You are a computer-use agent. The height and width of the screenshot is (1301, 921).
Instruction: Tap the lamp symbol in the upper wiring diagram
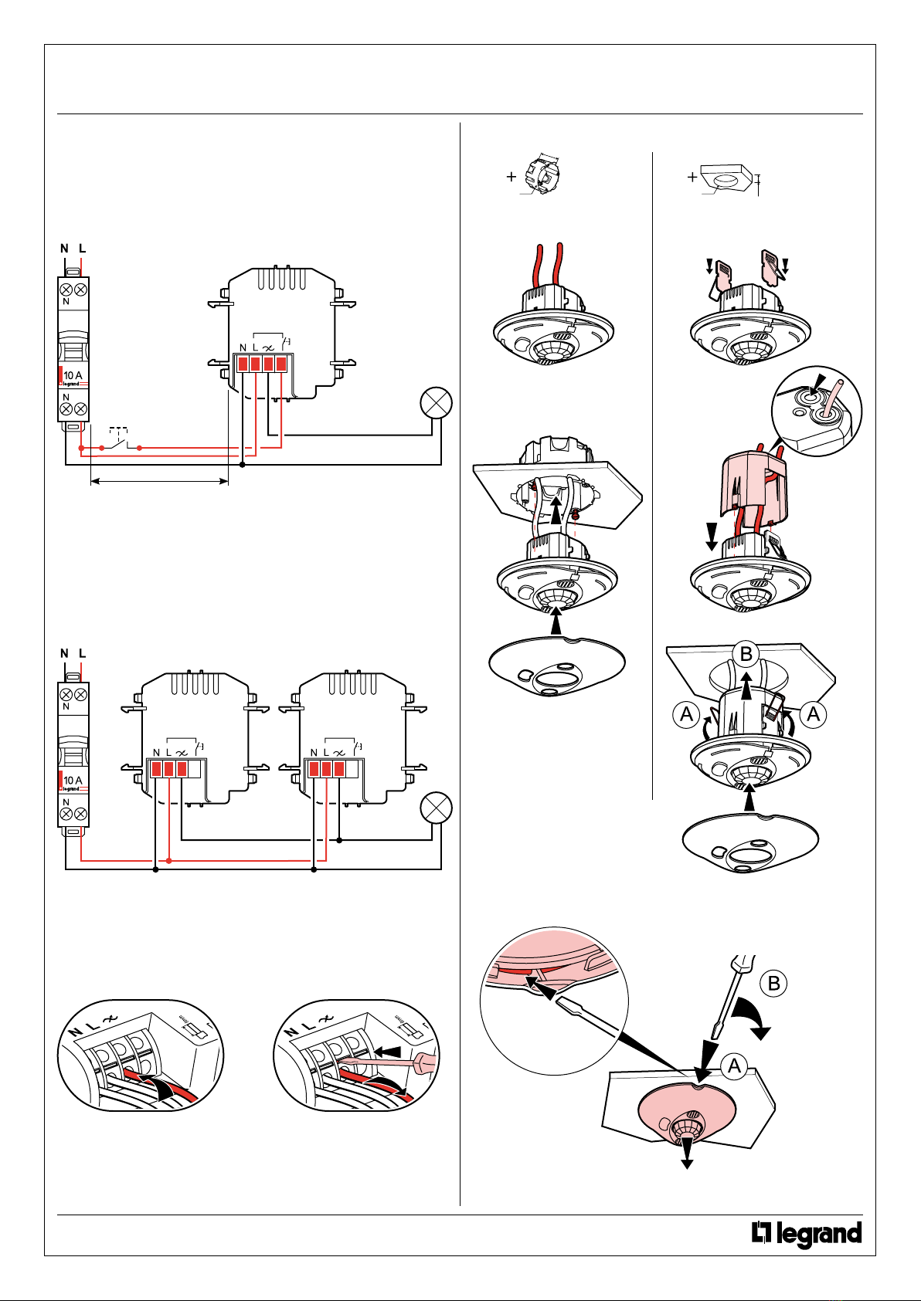(x=436, y=404)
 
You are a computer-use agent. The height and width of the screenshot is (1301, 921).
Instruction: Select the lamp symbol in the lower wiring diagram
(x=436, y=808)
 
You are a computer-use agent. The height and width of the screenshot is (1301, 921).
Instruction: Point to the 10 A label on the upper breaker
(x=73, y=375)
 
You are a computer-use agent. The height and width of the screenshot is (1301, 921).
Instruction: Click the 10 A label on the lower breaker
(x=73, y=780)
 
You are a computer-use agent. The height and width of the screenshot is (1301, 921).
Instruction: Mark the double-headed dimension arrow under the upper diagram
(x=159, y=482)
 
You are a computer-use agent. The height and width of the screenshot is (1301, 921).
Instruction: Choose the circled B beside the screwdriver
(x=773, y=983)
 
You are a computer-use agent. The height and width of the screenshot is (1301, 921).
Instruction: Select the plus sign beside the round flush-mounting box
(x=511, y=177)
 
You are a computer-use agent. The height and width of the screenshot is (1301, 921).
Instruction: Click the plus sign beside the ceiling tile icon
(x=692, y=177)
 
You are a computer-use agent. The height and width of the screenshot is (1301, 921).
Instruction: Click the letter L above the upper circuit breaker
(x=82, y=249)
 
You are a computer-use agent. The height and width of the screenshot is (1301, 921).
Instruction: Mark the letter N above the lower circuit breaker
(x=65, y=653)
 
